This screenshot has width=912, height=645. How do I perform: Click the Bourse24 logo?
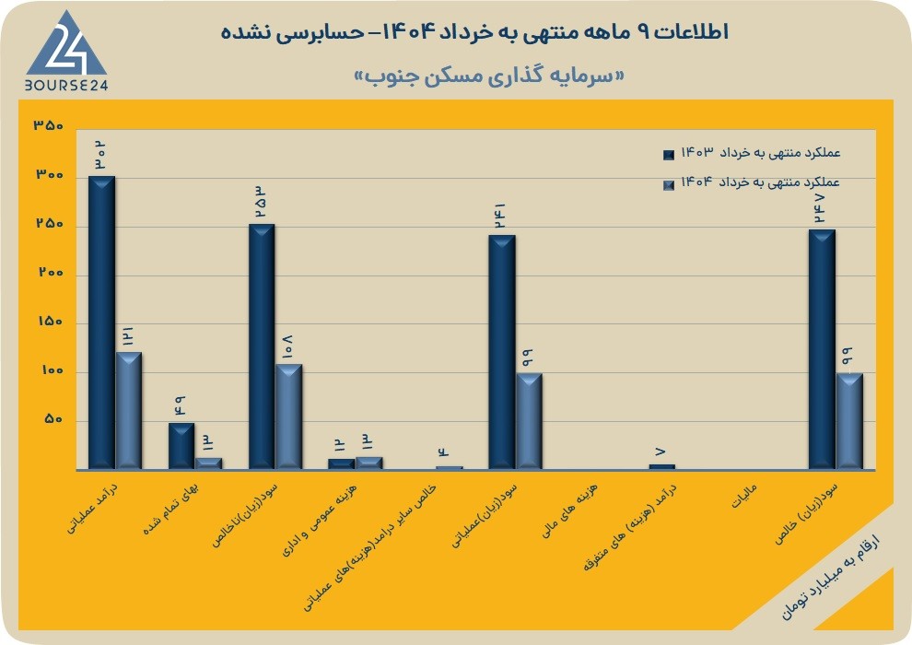pos(66,53)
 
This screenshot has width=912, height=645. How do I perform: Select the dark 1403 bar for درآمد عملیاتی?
pos(101,322)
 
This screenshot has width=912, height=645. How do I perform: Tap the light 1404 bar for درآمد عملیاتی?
pos(129,410)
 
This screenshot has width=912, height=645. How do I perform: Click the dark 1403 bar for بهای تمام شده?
pos(181,445)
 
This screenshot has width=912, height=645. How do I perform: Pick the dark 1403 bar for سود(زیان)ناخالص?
pos(262,346)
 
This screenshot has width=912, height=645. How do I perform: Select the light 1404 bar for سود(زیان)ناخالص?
pos(288,416)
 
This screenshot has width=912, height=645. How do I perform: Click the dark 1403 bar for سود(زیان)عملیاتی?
pos(502,352)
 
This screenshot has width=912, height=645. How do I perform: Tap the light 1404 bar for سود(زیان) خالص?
pos(849,420)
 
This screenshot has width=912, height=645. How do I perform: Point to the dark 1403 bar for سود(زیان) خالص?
pos(822,349)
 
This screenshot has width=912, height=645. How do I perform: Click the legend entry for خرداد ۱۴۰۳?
pos(752,154)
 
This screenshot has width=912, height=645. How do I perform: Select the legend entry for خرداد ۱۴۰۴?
pos(752,182)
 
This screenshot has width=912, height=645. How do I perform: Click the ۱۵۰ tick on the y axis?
pos(50,322)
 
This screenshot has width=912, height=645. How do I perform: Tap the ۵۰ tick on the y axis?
pos(53,419)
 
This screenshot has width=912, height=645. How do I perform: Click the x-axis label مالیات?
pos(744,496)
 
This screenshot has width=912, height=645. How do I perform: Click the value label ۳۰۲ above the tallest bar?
pos(101,156)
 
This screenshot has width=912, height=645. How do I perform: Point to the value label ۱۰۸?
pos(288,346)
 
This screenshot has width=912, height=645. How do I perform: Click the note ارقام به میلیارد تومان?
pos(831,578)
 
